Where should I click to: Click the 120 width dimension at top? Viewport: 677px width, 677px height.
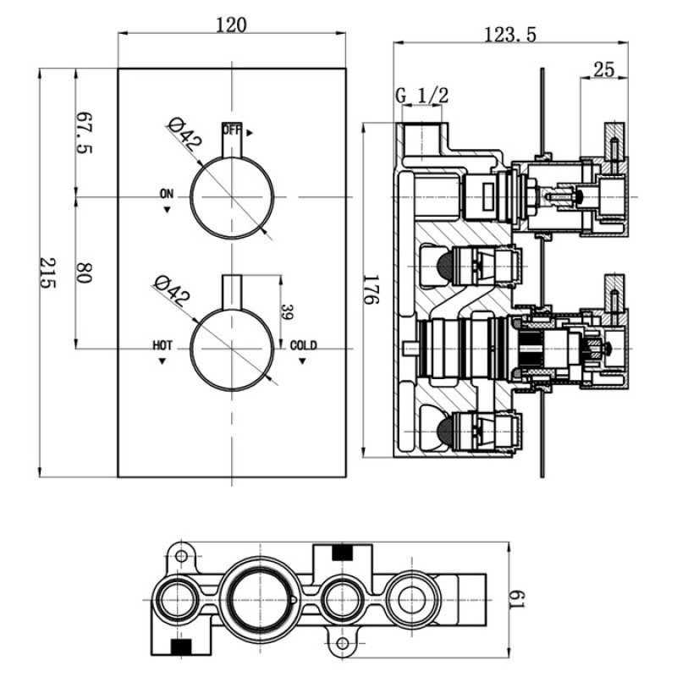click(230, 25)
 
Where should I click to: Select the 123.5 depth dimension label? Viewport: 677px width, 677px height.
click(511, 34)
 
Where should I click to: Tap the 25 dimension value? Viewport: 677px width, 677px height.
click(603, 69)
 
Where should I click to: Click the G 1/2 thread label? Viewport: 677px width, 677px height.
click(421, 96)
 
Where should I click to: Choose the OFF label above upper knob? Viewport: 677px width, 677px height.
click(232, 130)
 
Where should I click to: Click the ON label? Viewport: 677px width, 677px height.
click(167, 195)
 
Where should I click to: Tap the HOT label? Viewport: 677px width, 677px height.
click(163, 345)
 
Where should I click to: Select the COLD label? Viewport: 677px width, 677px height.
click(303, 345)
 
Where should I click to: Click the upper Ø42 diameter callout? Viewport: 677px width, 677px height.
click(184, 134)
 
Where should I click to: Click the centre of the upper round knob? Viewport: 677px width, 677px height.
click(232, 197)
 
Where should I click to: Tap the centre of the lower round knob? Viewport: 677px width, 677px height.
click(232, 348)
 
